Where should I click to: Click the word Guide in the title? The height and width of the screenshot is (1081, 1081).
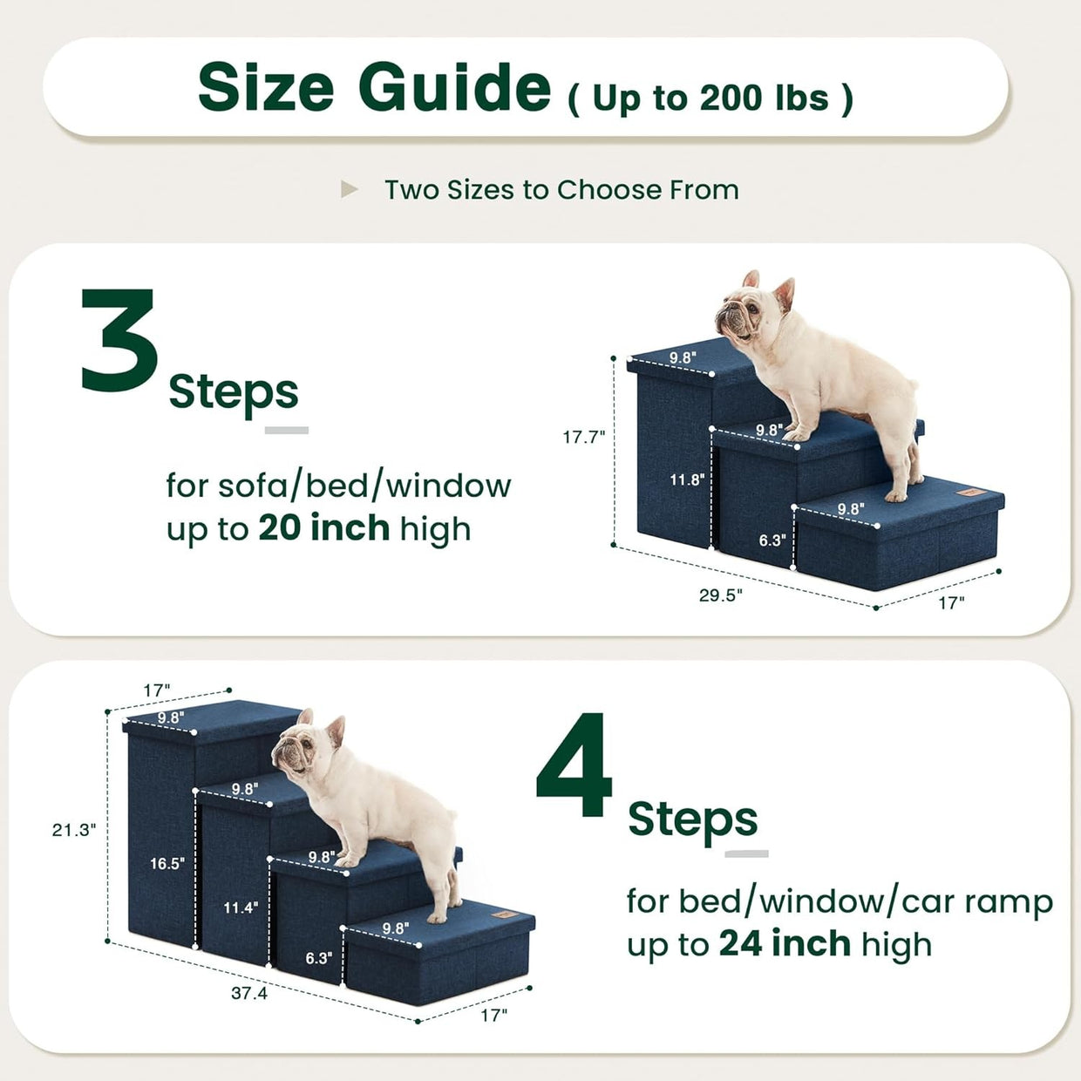(454, 87)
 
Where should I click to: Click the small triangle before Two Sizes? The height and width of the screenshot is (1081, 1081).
(349, 189)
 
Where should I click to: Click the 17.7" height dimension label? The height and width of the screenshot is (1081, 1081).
(584, 437)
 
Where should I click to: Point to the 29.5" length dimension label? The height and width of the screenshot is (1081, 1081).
(721, 595)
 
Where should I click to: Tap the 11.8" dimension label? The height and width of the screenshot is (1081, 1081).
(687, 479)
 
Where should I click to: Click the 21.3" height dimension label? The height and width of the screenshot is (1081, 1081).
(74, 830)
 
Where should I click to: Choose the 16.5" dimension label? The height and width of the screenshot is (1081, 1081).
(167, 863)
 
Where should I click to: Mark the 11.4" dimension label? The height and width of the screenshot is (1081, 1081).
(241, 908)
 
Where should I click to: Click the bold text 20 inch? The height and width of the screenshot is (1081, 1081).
(324, 528)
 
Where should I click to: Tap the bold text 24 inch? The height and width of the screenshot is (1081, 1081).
(785, 943)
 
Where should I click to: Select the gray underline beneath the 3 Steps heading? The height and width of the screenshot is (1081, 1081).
(287, 431)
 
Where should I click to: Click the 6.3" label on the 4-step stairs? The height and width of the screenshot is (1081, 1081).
(319, 957)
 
